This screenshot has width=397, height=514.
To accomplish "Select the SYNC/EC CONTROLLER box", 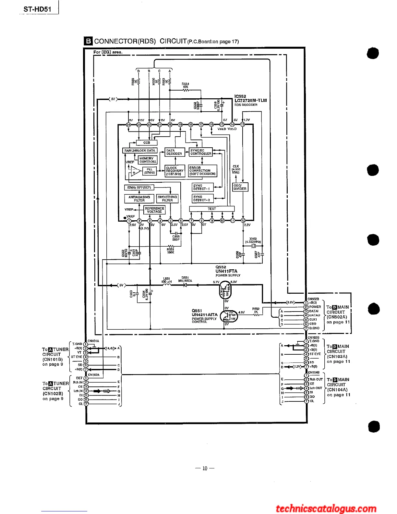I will [x=201, y=152].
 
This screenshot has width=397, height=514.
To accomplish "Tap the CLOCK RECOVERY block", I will [x=175, y=171].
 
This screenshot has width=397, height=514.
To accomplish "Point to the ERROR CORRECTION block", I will [x=202, y=171].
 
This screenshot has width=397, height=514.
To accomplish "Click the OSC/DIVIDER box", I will [x=240, y=187].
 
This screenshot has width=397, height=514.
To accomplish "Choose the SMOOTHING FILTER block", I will [x=167, y=199].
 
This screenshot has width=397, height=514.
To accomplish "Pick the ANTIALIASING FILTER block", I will [x=139, y=199].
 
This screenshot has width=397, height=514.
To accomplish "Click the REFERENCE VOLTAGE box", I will [x=154, y=210].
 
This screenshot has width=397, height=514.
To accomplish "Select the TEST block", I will [x=212, y=209].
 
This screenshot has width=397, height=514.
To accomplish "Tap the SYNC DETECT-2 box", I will [x=202, y=199].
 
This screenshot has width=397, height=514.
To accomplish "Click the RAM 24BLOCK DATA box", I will [x=140, y=151].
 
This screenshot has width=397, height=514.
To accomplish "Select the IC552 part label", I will [x=240, y=96].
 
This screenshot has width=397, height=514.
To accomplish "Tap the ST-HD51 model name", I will [x=37, y=9].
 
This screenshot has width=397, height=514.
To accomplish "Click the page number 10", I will [x=205, y=468].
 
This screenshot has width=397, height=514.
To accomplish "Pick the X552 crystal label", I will [x=253, y=239].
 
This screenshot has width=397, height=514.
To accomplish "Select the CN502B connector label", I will [x=313, y=299].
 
